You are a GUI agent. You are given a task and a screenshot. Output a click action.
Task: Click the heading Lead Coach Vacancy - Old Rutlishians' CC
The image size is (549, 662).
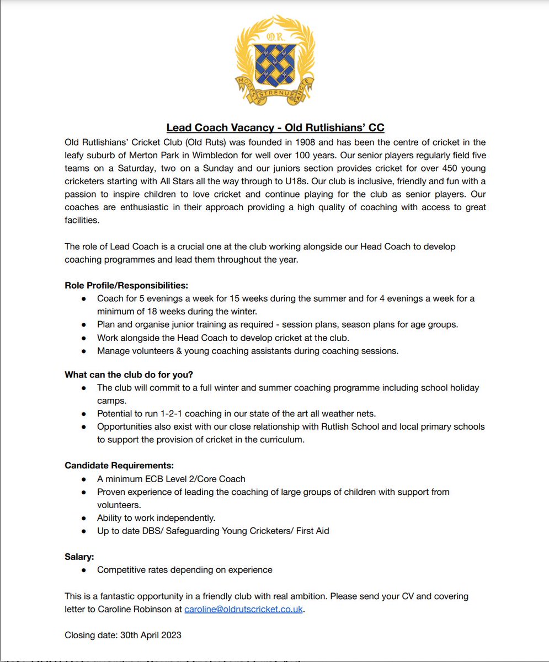(x=275, y=128)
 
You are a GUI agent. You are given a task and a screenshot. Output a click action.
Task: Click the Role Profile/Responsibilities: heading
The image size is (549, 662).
(x=126, y=286)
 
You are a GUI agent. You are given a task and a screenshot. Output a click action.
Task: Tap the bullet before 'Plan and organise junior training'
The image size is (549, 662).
(x=83, y=325)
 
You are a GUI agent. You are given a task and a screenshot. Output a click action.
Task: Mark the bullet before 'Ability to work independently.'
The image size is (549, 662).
(x=83, y=518)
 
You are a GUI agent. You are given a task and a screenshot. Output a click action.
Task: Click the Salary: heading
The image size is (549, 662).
(x=79, y=557)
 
